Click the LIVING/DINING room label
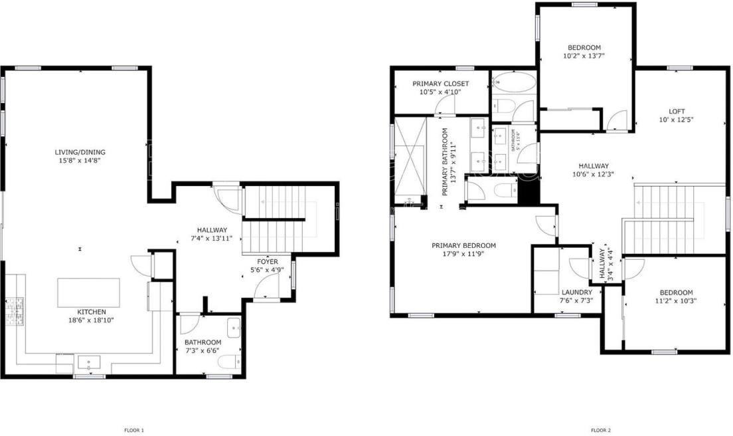point(80,152)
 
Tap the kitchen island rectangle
point(89,292)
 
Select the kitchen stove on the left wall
point(14,310)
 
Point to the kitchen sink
point(88,362)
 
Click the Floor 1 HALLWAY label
point(212,230)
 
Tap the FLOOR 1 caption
point(134,430)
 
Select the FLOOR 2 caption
point(600,430)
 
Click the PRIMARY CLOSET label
point(440,84)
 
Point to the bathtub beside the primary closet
point(514,83)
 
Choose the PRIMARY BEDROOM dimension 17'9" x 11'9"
point(463,254)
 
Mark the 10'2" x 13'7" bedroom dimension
point(584,56)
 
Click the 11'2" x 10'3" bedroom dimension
point(676,301)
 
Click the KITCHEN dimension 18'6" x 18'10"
point(91,320)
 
